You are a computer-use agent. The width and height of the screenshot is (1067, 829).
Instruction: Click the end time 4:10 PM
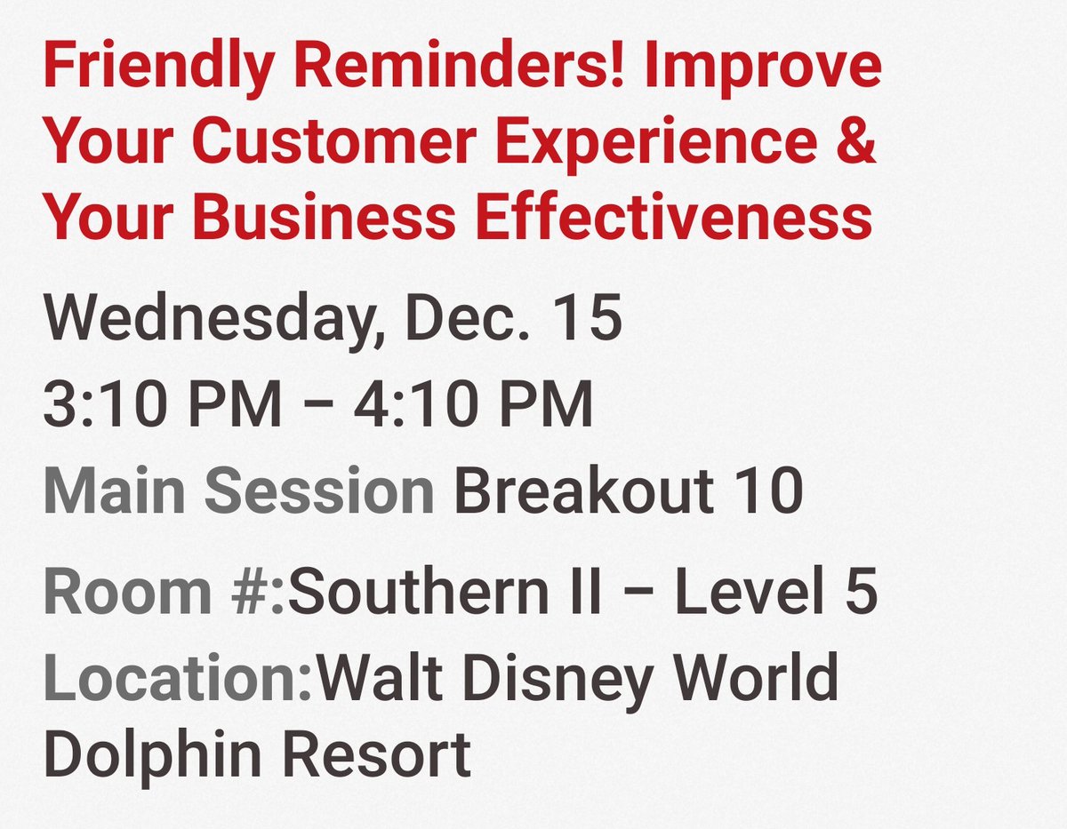473,405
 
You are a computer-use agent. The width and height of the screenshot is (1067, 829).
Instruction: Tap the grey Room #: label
164,593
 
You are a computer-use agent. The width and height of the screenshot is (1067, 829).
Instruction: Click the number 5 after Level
861,593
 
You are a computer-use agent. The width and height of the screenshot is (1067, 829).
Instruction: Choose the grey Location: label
178,678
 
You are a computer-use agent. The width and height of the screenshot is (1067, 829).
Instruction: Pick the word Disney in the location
557,678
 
